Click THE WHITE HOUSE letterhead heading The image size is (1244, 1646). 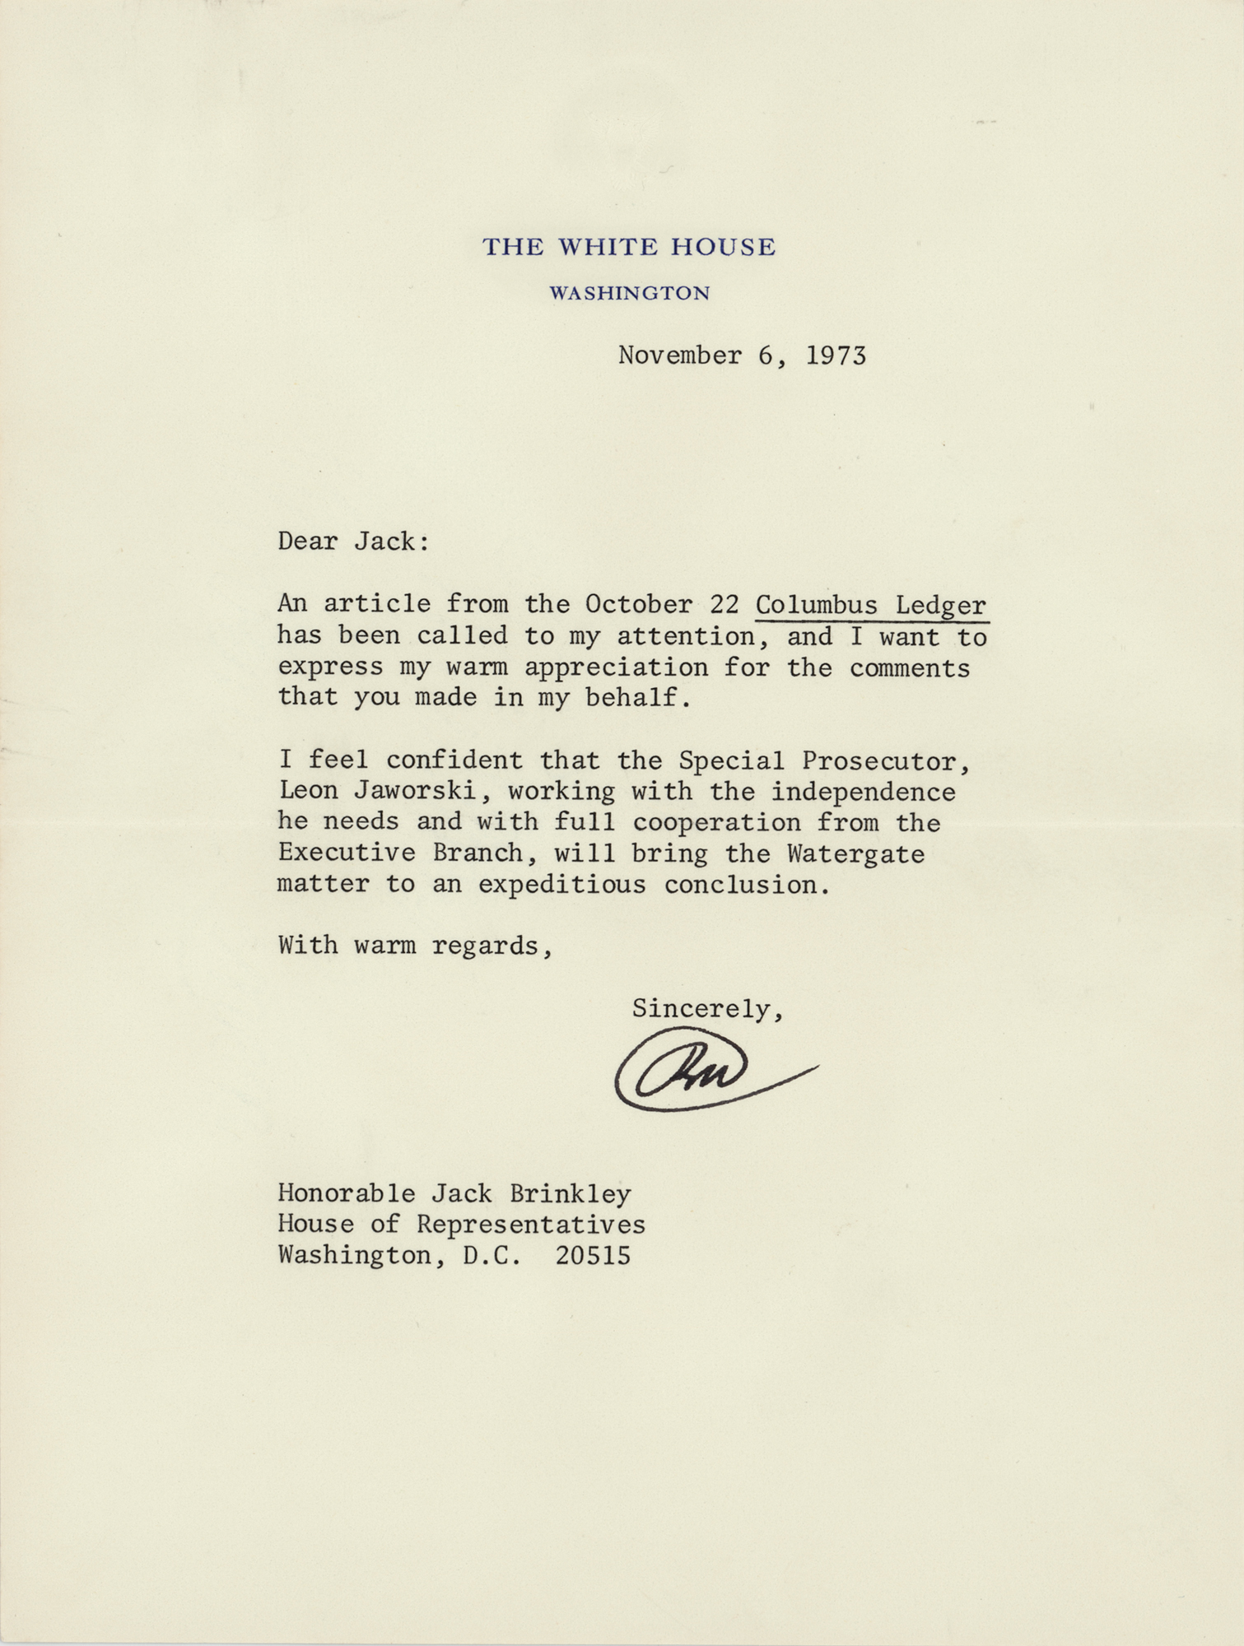click(628, 247)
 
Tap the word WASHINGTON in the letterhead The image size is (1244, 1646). click(629, 293)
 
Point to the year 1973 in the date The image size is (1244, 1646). click(836, 356)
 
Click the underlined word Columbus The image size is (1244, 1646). click(816, 605)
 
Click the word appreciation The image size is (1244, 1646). click(616, 667)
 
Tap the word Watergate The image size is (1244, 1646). click(855, 853)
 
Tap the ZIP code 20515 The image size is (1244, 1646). click(593, 1256)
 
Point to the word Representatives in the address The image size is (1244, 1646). click(530, 1225)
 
